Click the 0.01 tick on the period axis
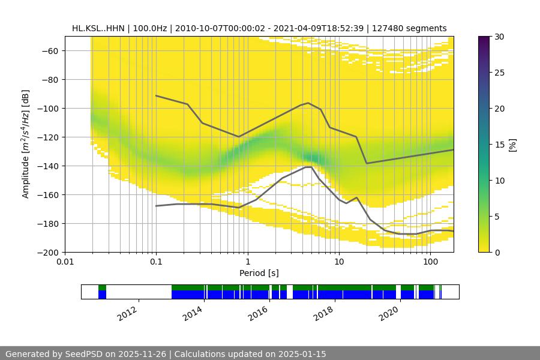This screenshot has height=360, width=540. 65,262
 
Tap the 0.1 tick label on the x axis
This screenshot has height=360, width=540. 156,262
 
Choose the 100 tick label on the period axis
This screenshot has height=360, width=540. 430,262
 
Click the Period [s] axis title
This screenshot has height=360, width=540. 259,273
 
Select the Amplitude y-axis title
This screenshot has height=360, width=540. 26,144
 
